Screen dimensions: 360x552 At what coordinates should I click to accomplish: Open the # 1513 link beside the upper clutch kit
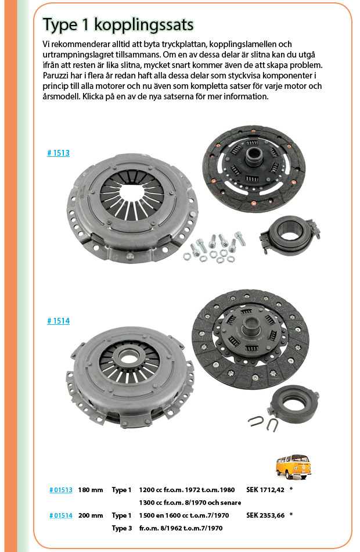click(x=59, y=153)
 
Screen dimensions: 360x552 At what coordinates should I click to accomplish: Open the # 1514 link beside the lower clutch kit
click(x=59, y=321)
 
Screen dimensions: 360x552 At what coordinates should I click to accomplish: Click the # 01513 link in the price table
click(x=61, y=490)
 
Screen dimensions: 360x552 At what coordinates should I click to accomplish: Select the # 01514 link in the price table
click(x=61, y=516)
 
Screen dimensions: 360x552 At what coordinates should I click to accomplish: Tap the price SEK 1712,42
click(x=265, y=490)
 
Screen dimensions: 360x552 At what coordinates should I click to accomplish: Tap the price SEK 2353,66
click(x=265, y=516)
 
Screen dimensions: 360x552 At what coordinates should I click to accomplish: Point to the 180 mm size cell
click(x=91, y=490)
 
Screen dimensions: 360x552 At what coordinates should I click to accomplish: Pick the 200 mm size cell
click(x=91, y=516)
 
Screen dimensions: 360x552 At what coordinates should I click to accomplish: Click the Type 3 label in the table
click(x=122, y=528)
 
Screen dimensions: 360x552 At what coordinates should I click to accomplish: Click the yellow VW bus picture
click(x=293, y=467)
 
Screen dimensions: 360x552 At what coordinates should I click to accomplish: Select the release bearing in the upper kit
click(x=290, y=234)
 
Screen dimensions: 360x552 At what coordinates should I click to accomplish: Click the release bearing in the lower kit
click(x=293, y=404)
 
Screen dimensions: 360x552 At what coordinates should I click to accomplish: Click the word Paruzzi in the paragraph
click(x=55, y=76)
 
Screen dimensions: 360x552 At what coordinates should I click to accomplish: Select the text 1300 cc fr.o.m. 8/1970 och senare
click(x=190, y=503)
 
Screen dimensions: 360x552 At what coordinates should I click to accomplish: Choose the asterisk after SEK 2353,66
click(x=291, y=515)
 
